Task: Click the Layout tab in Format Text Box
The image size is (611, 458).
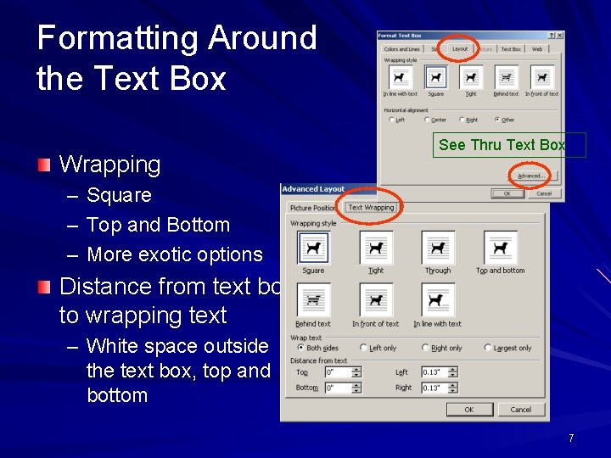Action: click(460, 49)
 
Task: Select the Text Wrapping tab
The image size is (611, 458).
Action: click(371, 207)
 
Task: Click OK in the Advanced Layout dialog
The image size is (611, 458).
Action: click(468, 409)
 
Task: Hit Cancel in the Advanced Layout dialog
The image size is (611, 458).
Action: click(520, 409)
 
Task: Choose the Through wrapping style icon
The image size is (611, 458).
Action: click(438, 248)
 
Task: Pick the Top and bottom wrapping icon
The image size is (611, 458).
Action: click(500, 248)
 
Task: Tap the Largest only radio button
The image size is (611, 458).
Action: click(488, 348)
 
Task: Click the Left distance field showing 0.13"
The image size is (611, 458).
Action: click(440, 371)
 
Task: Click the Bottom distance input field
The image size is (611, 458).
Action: click(340, 388)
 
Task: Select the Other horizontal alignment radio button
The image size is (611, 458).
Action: click(501, 120)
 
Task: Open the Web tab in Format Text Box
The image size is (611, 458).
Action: click(537, 49)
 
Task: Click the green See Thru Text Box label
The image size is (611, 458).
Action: click(502, 145)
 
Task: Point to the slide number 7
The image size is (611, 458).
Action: click(571, 438)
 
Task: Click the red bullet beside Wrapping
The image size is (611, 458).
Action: click(44, 163)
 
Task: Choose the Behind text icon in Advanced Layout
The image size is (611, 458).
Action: click(313, 301)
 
